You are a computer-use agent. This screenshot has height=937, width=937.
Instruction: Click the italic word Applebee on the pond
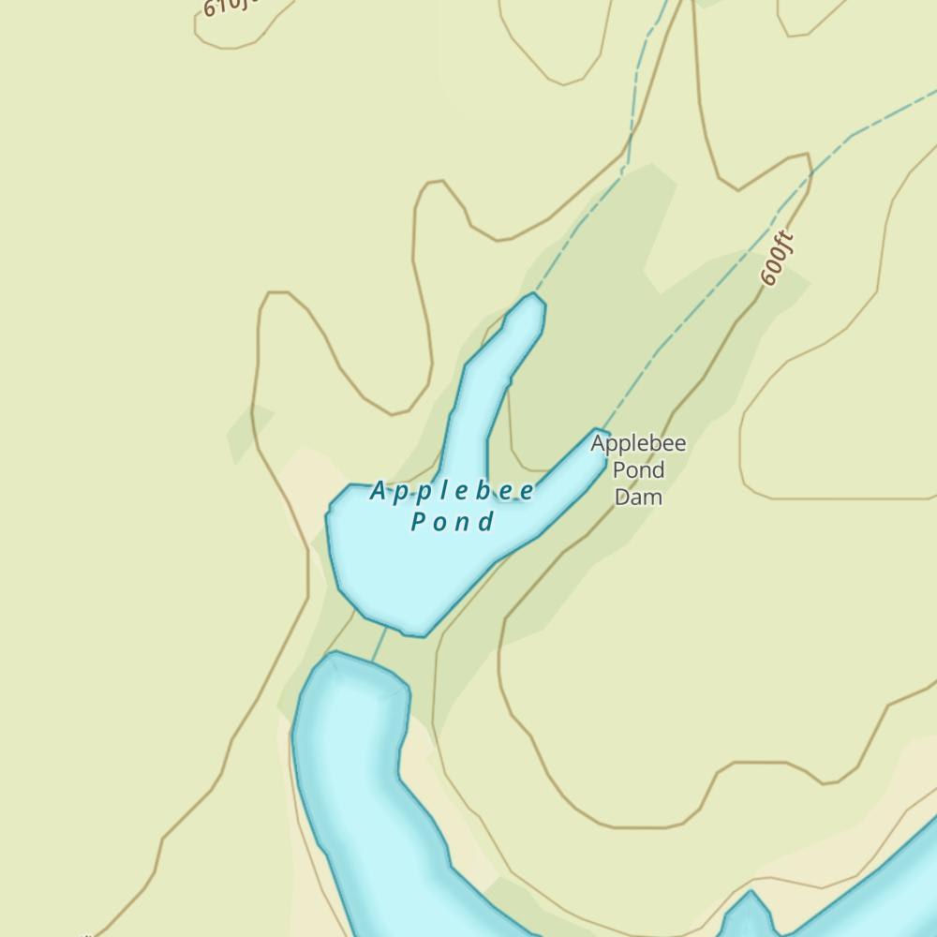tap(453, 491)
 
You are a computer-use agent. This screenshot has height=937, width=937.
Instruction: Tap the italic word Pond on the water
tap(453, 522)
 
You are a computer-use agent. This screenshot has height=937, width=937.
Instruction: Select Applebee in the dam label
tap(638, 444)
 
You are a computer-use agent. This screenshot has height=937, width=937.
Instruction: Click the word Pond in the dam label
tap(638, 469)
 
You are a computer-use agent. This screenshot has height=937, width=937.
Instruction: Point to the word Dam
tap(638, 496)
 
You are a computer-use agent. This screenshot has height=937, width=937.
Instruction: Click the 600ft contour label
tap(777, 259)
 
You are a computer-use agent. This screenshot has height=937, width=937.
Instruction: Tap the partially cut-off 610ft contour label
tap(228, 7)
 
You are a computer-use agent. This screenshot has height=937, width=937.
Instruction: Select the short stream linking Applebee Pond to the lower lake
tap(379, 644)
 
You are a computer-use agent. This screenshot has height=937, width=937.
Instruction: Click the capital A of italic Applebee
tap(378, 490)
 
